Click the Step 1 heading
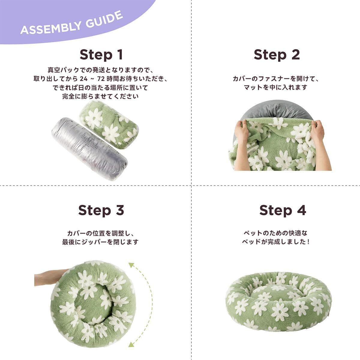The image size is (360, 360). click(101, 55)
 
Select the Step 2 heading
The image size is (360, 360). click(277, 55)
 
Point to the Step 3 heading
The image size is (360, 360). click(101, 210)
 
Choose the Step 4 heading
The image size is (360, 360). click(283, 210)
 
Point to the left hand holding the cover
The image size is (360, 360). click(241, 145)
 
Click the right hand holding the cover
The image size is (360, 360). click(320, 145)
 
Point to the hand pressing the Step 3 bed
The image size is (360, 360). click(50, 278)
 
